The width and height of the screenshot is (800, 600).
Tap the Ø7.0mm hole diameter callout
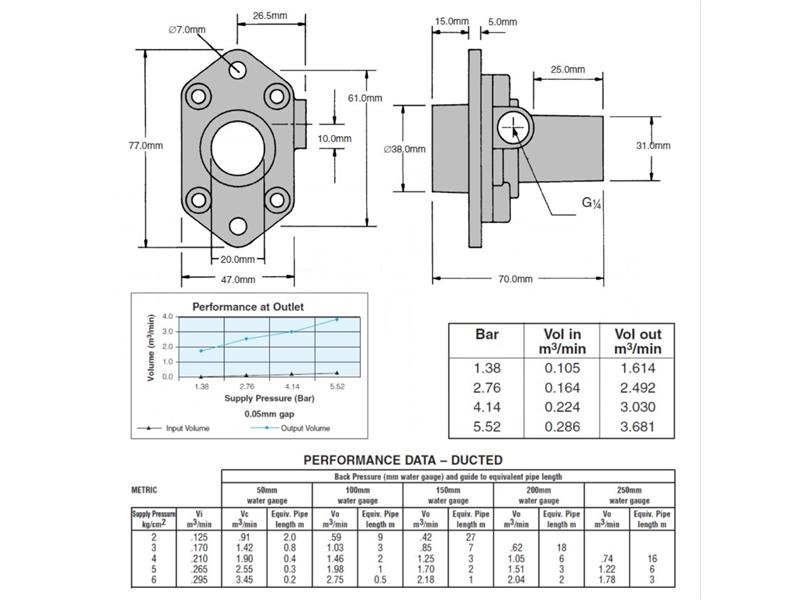click(189, 30)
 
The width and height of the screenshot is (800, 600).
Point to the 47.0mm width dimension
click(236, 279)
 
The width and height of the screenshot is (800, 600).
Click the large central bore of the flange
click(237, 145)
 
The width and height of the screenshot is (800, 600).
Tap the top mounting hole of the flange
click(237, 69)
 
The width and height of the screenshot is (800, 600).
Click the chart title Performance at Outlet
click(248, 307)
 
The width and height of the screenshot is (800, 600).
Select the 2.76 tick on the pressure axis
click(247, 386)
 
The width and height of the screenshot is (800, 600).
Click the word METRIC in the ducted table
click(145, 491)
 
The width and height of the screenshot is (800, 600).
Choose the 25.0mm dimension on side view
click(567, 70)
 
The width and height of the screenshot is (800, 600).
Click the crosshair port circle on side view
click(512, 129)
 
